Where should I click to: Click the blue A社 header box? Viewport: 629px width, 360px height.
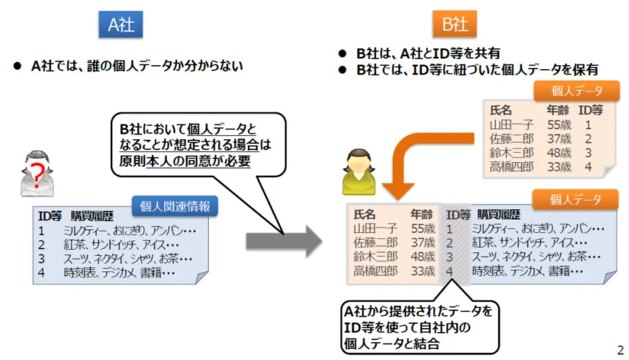[121, 24]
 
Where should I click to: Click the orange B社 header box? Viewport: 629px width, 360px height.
[454, 24]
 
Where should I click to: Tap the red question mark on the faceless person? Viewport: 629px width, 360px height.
[37, 175]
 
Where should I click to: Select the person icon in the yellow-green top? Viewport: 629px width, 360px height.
[359, 172]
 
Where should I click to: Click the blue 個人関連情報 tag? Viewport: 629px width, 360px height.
[175, 206]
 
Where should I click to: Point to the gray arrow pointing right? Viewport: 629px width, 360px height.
[284, 241]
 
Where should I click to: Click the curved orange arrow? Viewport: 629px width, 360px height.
[421, 160]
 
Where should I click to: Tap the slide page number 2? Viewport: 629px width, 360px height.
[620, 350]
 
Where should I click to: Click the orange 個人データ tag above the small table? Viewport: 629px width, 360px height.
[576, 91]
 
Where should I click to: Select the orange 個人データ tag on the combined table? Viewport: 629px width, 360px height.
[575, 199]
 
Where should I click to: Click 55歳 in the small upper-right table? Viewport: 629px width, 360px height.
[559, 125]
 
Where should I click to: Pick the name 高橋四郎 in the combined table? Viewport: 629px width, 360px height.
[376, 271]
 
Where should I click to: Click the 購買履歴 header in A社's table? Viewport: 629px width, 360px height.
[92, 216]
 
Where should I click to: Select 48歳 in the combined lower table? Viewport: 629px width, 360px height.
[423, 256]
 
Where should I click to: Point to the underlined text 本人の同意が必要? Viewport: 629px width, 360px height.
[199, 161]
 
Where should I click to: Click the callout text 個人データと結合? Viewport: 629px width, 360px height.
[392, 344]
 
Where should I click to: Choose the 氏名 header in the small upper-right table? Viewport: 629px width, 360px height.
[501, 110]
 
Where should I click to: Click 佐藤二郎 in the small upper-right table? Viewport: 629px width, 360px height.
[512, 139]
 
